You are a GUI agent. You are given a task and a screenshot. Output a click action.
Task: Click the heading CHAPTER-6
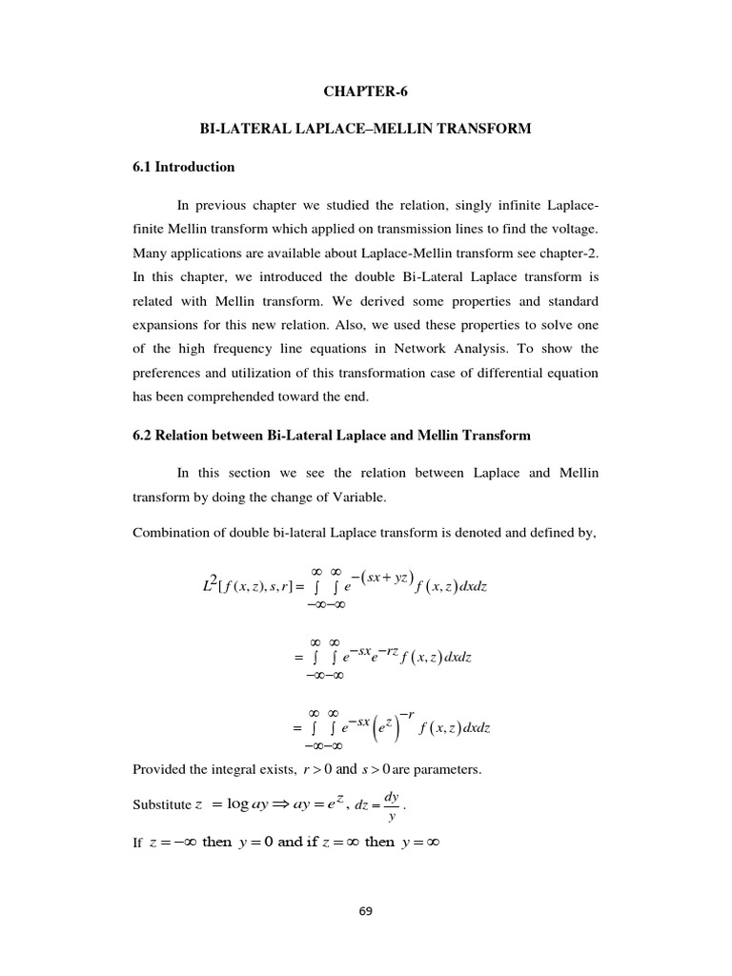click(x=365, y=91)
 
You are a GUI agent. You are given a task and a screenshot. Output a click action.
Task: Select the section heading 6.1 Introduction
click(x=184, y=167)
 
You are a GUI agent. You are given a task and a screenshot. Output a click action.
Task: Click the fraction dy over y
click(x=391, y=806)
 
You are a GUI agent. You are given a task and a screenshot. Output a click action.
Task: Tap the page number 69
click(x=365, y=911)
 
